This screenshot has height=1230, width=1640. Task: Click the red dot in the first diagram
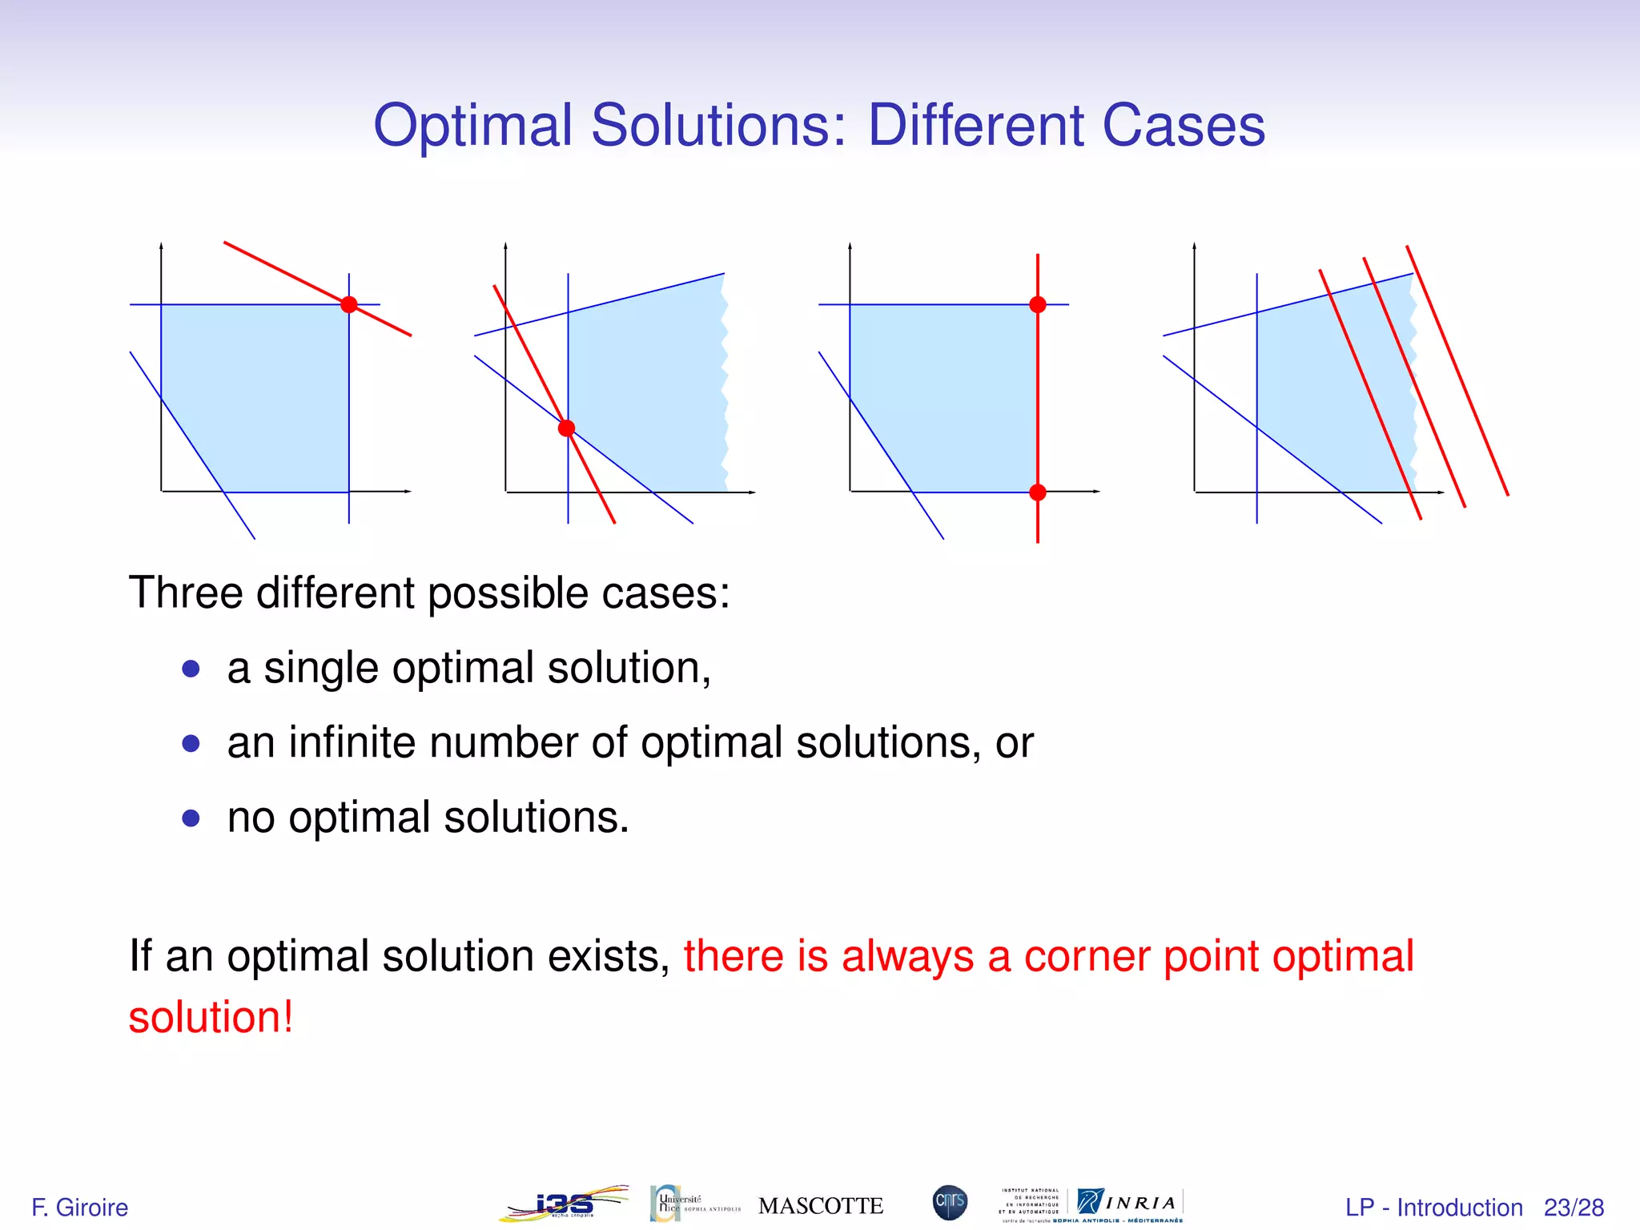pos(349,304)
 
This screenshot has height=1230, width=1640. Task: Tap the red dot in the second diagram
pos(567,428)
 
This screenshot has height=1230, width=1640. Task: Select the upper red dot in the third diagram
pos(1038,304)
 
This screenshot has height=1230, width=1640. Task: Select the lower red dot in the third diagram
pos(1038,492)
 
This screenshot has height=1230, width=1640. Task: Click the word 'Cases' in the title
pos(1184,126)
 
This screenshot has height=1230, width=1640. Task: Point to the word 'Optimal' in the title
pos(473,126)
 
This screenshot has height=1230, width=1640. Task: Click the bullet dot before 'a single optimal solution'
pos(191,669)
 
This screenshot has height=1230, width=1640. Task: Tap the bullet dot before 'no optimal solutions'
pos(191,818)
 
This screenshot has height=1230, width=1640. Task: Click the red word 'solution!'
pos(211,1018)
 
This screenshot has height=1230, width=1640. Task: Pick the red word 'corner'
pos(1087,956)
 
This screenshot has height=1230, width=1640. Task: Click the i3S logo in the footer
pos(565,1204)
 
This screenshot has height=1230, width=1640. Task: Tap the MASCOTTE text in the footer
pos(821,1206)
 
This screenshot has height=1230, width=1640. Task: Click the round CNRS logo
pos(950,1203)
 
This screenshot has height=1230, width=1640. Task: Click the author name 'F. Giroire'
pos(79,1208)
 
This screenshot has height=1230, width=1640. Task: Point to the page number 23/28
pos(1574,1208)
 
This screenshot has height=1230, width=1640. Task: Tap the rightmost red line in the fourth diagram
pos(1457,370)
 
